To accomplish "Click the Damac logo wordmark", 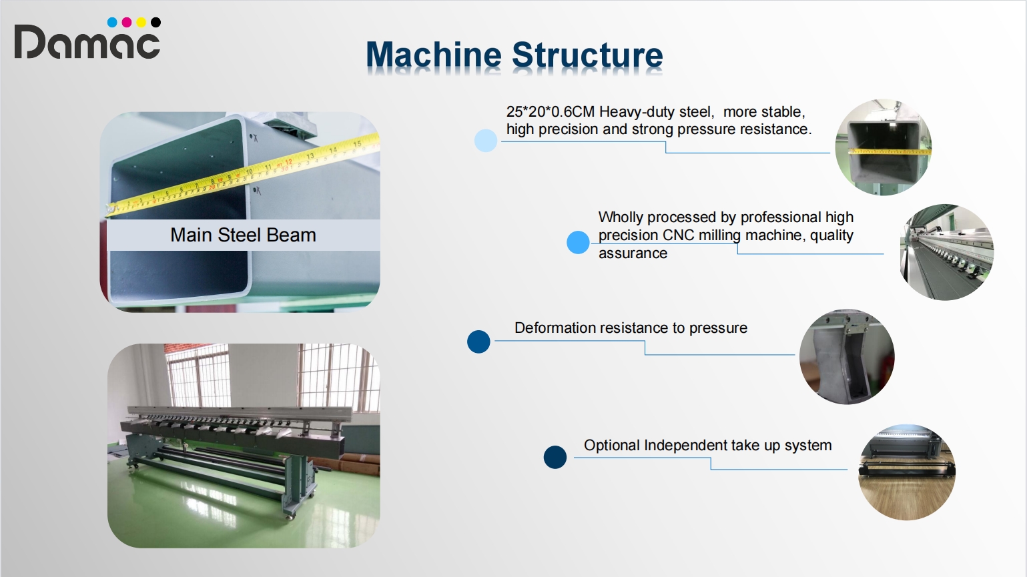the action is click(87, 41).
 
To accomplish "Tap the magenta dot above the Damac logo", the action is click(127, 22).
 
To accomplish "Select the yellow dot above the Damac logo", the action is click(141, 22).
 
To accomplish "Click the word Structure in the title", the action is click(587, 55).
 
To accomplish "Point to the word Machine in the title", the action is click(434, 55).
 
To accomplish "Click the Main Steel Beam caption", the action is click(243, 235).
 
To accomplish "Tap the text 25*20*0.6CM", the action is click(550, 111).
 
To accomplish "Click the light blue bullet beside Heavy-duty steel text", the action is click(486, 140).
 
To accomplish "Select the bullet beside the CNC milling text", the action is click(578, 242).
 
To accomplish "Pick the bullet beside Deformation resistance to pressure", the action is click(478, 342).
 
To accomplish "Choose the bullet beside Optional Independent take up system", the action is click(555, 457).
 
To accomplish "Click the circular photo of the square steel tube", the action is click(884, 147).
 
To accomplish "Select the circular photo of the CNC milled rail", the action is click(947, 252).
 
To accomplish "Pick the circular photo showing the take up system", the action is click(907, 472).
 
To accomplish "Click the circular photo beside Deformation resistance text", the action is click(847, 357).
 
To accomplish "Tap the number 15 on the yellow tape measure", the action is click(357, 144).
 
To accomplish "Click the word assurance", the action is click(633, 253).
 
